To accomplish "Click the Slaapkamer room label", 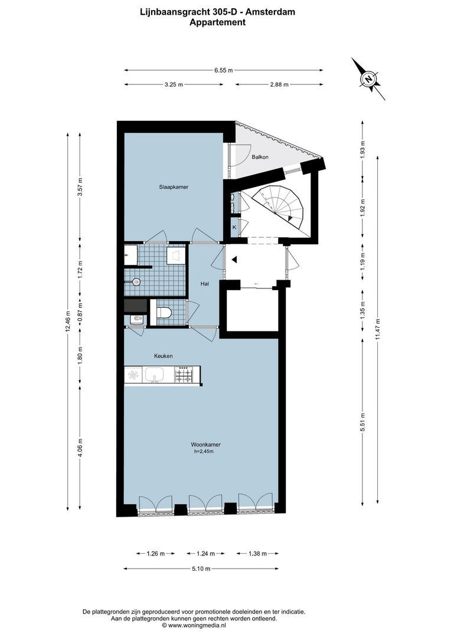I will click(173, 187).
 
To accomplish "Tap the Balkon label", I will click(260, 157).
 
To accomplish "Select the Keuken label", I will click(163, 356).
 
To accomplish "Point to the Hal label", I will click(205, 284).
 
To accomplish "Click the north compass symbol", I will click(369, 78).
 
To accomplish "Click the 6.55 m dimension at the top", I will click(223, 70).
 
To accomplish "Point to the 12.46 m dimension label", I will click(68, 321).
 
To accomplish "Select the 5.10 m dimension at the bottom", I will click(201, 569).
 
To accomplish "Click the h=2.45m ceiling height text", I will click(204, 452).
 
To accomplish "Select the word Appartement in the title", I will click(217, 22).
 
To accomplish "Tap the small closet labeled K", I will click(234, 227).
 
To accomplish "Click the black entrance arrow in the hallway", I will click(234, 260).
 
